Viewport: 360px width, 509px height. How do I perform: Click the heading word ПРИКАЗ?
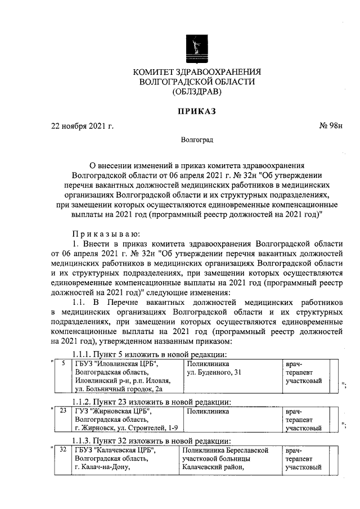[197, 111]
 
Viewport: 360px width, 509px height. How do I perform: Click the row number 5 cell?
[63, 364]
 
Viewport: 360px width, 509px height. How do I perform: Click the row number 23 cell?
[63, 411]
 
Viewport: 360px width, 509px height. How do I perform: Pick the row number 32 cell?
[63, 450]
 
